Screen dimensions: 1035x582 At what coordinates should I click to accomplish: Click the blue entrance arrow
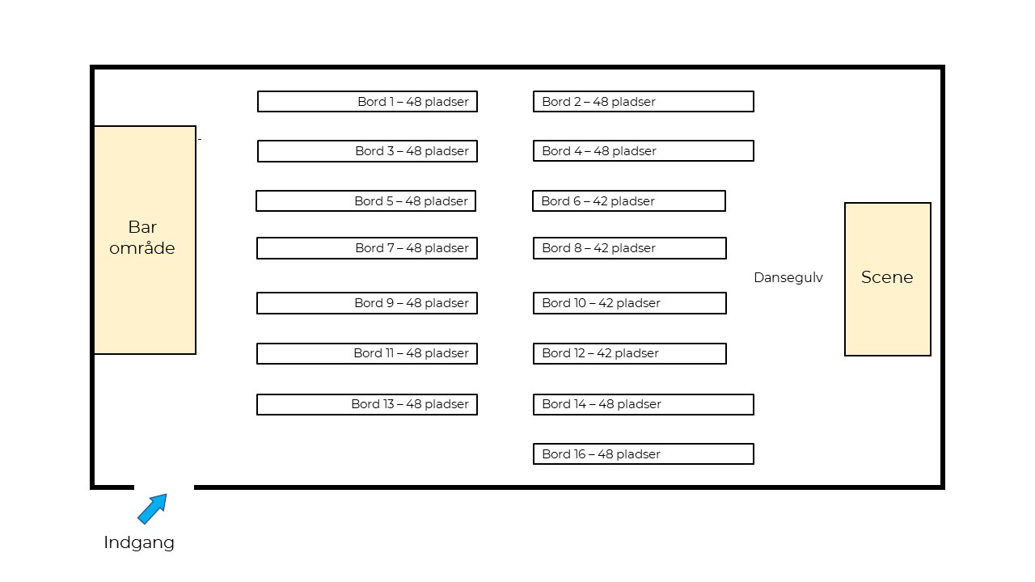(x=152, y=509)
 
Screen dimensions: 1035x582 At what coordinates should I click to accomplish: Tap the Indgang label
(x=139, y=542)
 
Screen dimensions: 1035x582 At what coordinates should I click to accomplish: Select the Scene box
(x=888, y=279)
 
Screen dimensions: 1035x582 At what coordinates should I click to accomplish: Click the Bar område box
(x=145, y=240)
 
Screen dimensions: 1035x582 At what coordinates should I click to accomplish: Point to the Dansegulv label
(x=788, y=277)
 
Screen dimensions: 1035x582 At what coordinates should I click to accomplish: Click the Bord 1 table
(x=367, y=102)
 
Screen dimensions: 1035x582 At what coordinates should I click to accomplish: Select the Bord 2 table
(x=644, y=102)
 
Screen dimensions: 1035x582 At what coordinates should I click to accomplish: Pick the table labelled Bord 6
(x=629, y=201)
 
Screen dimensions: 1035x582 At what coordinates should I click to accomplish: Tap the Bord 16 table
(x=644, y=454)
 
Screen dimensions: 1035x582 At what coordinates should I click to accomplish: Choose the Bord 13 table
(x=367, y=404)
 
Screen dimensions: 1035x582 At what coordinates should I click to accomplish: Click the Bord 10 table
(x=630, y=303)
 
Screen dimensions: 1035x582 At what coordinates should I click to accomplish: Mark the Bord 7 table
(x=367, y=248)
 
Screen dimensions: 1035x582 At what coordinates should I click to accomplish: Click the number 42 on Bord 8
(x=601, y=248)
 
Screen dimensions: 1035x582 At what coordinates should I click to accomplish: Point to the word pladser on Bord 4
(x=635, y=151)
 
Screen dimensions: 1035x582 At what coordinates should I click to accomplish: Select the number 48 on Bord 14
(x=606, y=404)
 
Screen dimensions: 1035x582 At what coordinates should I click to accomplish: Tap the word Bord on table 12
(x=556, y=353)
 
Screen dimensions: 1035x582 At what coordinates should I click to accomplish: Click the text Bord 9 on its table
(x=374, y=303)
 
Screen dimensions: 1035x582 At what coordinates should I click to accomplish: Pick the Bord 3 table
(x=367, y=151)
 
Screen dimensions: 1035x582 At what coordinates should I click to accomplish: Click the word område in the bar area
(x=142, y=248)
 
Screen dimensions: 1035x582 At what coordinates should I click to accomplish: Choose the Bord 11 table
(x=367, y=353)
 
